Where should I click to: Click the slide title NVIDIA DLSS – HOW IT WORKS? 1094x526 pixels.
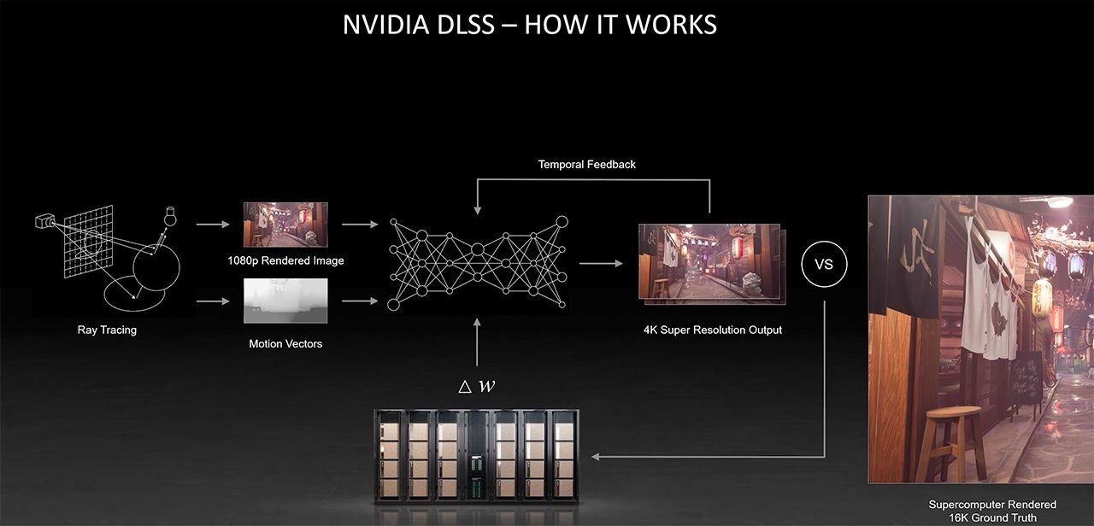tap(529, 24)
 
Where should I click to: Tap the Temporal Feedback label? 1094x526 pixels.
tap(586, 164)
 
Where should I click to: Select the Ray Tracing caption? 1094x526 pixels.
tap(107, 330)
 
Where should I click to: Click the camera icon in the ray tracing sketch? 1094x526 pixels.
tap(43, 222)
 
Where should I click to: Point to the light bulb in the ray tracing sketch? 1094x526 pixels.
tap(169, 216)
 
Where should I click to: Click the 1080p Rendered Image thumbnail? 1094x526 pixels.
tap(285, 225)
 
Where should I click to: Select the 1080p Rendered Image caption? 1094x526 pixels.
tap(285, 260)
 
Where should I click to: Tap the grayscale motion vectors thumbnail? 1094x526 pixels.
tap(285, 301)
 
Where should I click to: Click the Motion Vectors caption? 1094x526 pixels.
tap(285, 344)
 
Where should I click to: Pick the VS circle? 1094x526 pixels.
tap(824, 265)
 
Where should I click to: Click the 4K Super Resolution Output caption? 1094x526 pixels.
tap(713, 330)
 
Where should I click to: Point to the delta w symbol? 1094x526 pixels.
tap(477, 386)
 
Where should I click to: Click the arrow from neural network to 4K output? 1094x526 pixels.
tap(602, 263)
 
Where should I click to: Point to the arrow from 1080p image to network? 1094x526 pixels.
tap(360, 225)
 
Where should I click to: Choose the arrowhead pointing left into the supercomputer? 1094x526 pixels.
tap(596, 457)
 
